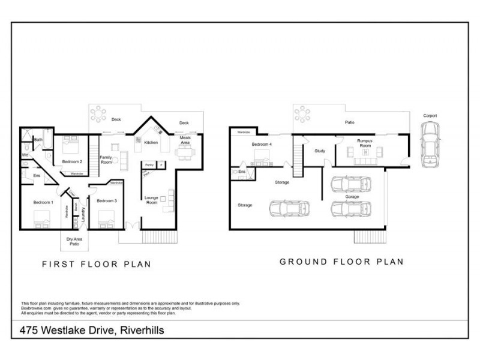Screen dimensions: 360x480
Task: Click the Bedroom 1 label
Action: (x=44, y=203)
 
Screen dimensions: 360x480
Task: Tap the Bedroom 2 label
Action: (x=72, y=162)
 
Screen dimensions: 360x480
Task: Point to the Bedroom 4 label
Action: (x=262, y=145)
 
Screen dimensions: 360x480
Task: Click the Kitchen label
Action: (x=151, y=143)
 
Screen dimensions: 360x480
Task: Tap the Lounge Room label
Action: (x=151, y=200)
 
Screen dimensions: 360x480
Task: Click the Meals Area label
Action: (x=185, y=141)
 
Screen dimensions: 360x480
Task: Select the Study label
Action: (x=320, y=151)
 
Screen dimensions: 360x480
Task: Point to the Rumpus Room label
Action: (x=365, y=144)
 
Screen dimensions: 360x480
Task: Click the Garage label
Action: (x=352, y=196)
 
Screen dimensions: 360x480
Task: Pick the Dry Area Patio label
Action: (x=74, y=242)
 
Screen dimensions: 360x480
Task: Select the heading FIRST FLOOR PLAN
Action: (x=96, y=263)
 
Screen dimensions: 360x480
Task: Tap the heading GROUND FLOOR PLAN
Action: (x=341, y=262)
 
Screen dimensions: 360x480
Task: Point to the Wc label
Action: (x=25, y=155)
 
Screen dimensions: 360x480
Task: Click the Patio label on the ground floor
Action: (x=349, y=122)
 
